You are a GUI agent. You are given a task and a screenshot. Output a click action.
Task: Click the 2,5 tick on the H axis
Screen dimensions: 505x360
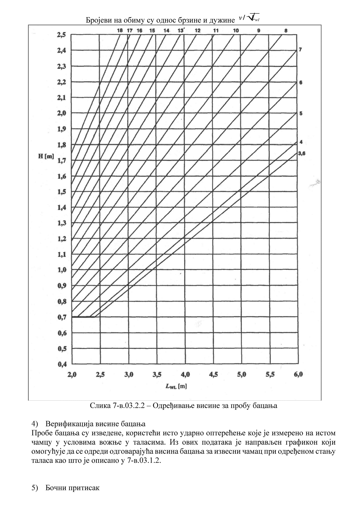point(61,34)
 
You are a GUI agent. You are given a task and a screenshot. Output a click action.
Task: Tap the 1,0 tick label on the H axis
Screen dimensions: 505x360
point(62,270)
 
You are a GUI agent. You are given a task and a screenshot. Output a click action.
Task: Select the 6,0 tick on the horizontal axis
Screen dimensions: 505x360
point(298,374)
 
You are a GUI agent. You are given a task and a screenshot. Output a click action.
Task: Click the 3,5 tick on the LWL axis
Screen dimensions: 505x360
point(157,374)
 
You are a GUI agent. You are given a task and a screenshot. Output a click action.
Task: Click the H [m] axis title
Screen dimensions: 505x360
point(46,156)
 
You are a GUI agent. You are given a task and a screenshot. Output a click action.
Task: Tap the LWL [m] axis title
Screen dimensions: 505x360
point(176,386)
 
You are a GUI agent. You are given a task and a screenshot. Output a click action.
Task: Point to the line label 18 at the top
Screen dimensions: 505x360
point(120,30)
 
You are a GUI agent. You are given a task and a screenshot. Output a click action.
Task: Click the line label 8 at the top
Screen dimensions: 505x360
point(286,30)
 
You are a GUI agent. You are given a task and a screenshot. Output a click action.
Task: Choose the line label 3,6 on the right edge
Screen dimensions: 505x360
point(301,153)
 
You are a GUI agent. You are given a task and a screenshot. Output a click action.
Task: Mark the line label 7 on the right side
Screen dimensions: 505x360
point(301,50)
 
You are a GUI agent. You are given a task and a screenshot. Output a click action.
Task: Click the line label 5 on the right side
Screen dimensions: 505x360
point(301,114)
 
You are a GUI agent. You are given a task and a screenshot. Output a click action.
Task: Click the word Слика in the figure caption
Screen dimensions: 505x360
point(98,406)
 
